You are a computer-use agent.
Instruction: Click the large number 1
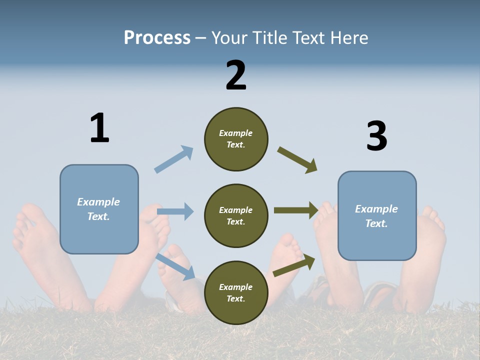point(99,128)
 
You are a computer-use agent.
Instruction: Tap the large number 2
point(236,75)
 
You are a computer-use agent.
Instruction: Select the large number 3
point(376,136)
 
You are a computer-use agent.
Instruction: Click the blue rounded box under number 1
point(99,209)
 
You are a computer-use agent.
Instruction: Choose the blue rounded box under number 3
point(377,215)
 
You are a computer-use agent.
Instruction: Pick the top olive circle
point(236,138)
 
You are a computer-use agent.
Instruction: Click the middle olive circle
point(236,215)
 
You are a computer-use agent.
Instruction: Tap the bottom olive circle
point(236,292)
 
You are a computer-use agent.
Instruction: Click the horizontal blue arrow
point(175,211)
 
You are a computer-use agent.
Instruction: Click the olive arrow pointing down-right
point(297,160)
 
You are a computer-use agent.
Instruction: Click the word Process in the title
point(157,37)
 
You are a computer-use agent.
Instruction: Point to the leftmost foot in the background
point(35,250)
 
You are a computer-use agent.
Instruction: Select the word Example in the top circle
point(236,133)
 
